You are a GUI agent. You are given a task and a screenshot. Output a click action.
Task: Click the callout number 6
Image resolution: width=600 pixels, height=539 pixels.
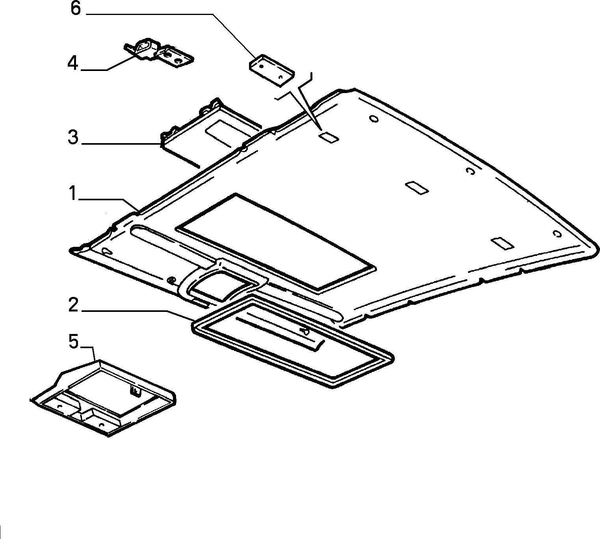(x=76, y=9)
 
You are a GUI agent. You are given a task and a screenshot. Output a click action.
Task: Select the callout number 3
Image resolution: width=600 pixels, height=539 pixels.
(x=73, y=137)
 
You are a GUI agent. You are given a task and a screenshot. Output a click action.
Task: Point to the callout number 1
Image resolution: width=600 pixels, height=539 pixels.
(x=73, y=194)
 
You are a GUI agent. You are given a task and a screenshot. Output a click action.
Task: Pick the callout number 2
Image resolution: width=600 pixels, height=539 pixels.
(x=73, y=305)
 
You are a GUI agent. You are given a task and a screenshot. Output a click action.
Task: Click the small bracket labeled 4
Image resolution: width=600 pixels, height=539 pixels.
(x=158, y=53)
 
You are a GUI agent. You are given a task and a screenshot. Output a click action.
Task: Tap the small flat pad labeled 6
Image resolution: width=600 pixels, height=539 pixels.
(x=271, y=70)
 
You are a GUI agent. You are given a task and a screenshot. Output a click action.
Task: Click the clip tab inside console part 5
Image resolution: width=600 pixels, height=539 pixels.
(x=135, y=391)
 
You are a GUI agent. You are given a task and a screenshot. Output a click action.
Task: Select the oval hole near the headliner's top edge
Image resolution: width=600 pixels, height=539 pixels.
(x=374, y=119)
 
